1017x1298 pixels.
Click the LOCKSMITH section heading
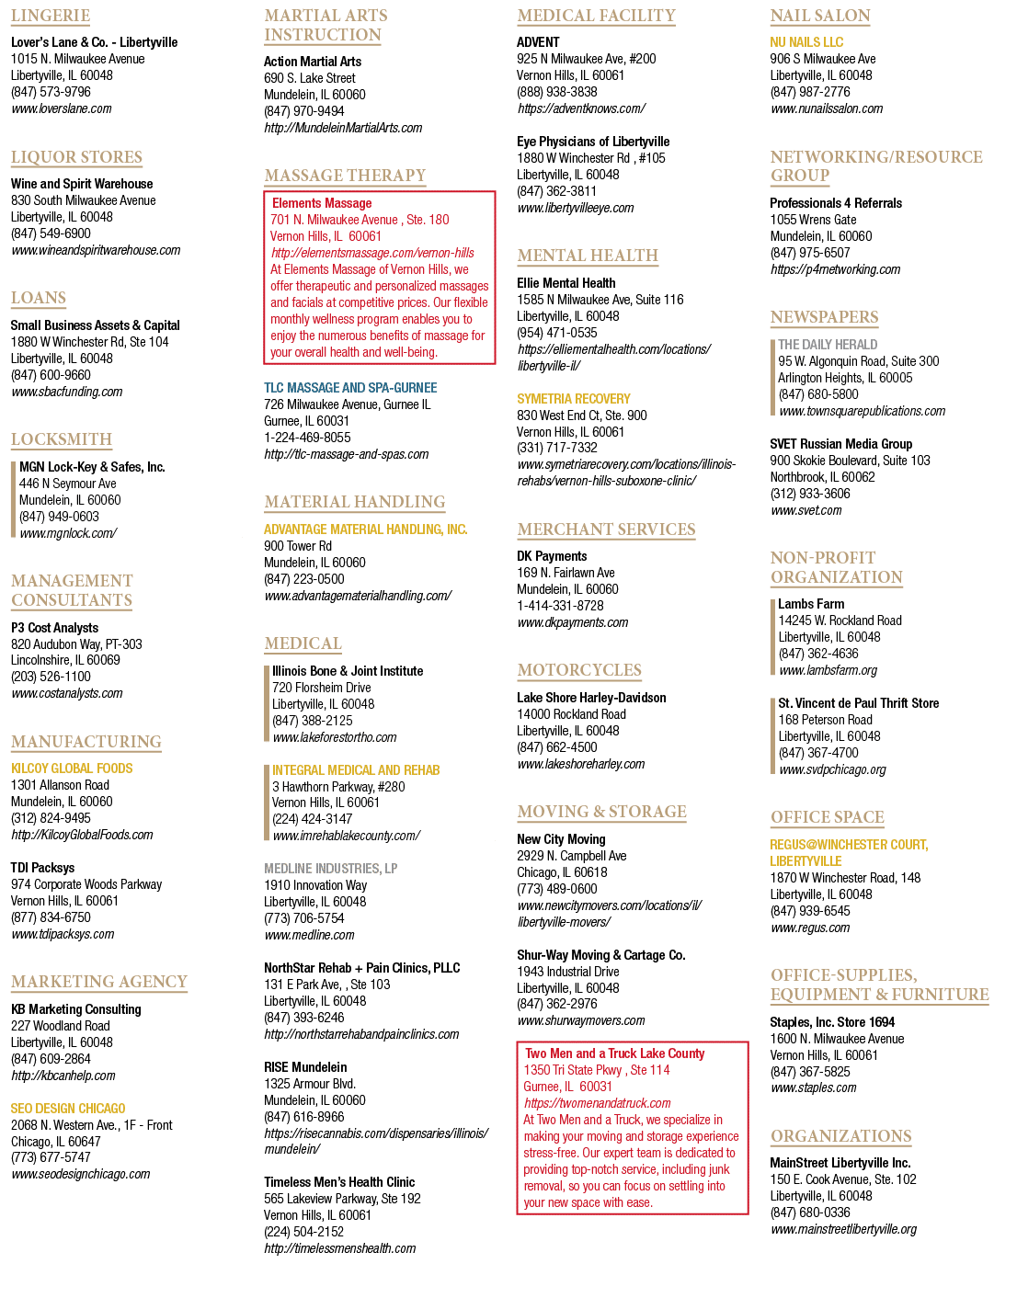click(x=62, y=439)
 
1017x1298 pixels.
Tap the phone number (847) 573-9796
click(x=51, y=92)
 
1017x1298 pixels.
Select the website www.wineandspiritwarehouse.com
click(x=96, y=250)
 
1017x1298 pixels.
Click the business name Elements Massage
click(x=322, y=203)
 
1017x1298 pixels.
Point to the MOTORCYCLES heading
click(x=579, y=670)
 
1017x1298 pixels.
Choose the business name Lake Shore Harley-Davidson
click(x=591, y=698)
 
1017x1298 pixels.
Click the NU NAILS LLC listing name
click(x=806, y=42)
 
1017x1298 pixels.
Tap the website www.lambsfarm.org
click(x=828, y=670)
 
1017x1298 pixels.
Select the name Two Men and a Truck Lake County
click(x=614, y=1053)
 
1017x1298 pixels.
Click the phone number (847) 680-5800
click(x=818, y=394)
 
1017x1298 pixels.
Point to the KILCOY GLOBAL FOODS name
click(x=72, y=769)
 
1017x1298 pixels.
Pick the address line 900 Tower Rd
click(x=298, y=546)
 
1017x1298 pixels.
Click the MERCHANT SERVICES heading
click(x=606, y=529)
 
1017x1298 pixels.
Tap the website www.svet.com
click(x=806, y=511)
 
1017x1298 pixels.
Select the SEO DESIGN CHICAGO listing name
click(x=68, y=1109)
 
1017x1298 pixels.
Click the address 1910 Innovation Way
click(x=315, y=885)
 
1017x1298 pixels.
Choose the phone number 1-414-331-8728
click(x=560, y=606)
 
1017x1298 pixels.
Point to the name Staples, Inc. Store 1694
click(x=832, y=1022)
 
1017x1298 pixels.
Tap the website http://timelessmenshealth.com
click(x=339, y=1248)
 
